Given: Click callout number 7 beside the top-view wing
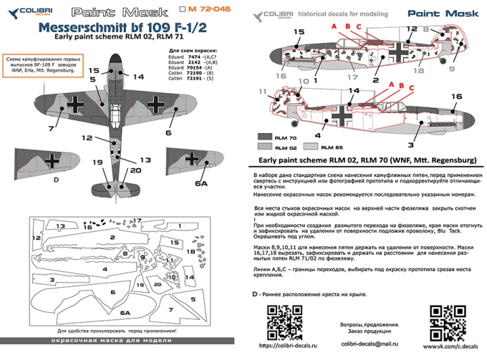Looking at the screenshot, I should pos(51,130).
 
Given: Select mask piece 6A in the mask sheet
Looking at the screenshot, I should pos(125,313).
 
